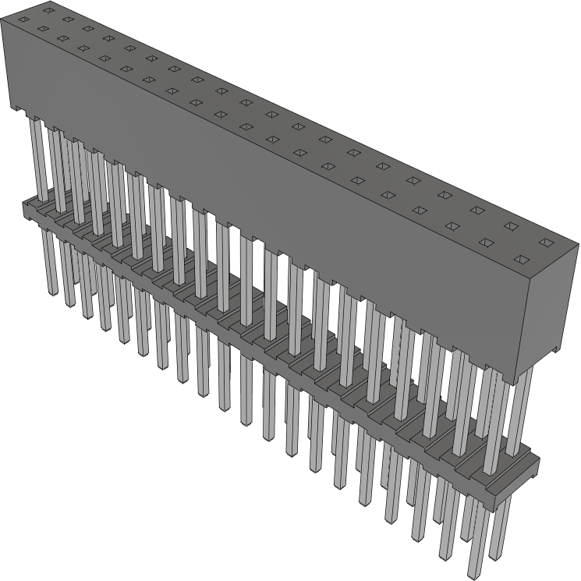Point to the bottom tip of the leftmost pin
coord(53,292)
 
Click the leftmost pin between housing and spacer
coord(35,156)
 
